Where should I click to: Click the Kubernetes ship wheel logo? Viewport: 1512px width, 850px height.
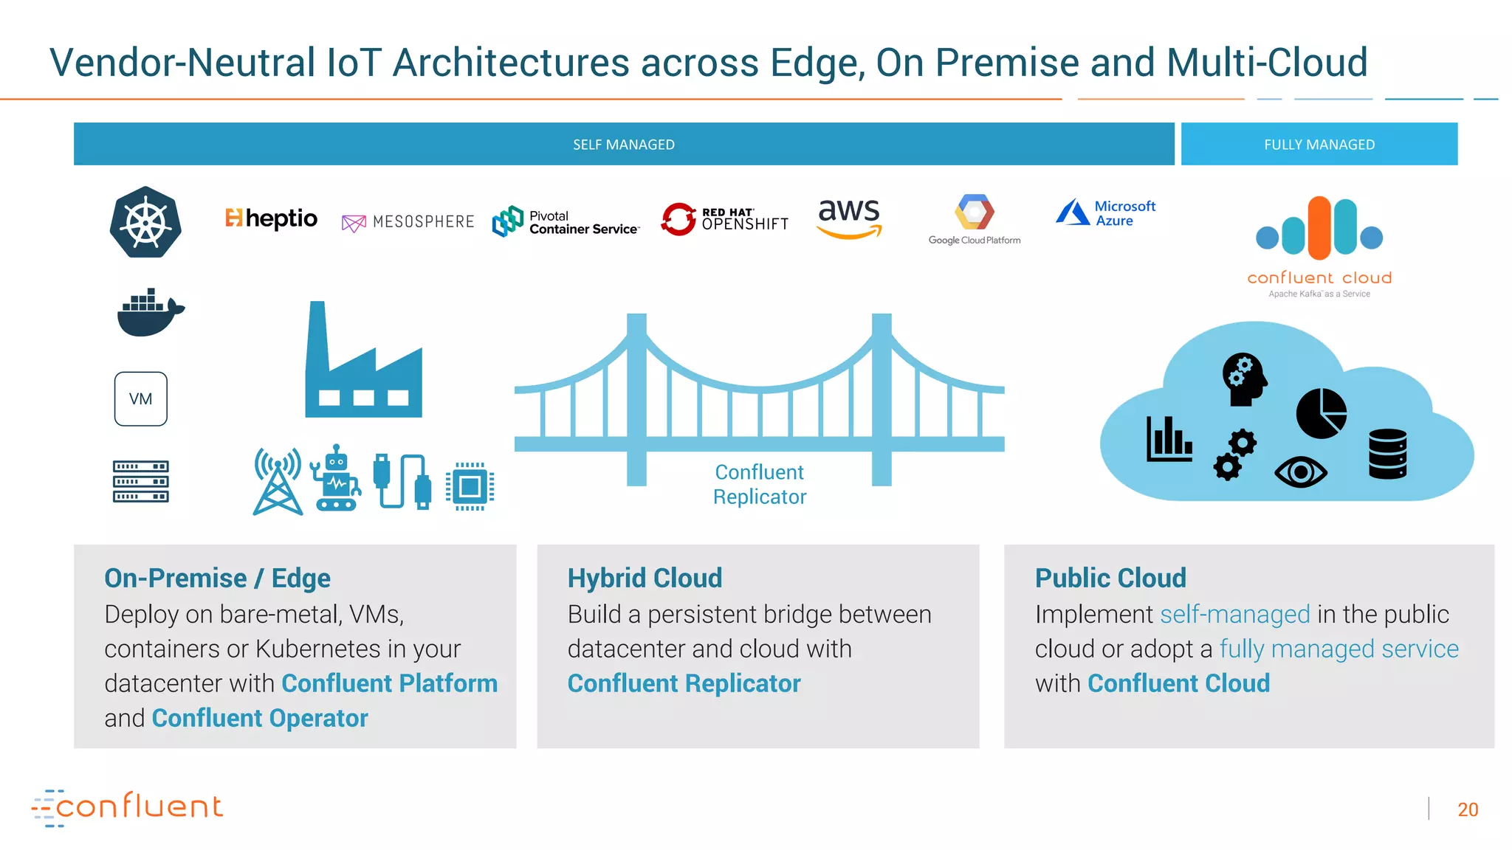(x=145, y=222)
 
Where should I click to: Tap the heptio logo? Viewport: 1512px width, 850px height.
(x=271, y=218)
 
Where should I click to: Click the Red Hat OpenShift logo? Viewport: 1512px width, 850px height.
(x=724, y=219)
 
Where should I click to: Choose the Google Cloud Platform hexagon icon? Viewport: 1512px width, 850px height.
(x=974, y=212)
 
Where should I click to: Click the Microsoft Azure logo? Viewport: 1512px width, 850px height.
(x=1105, y=213)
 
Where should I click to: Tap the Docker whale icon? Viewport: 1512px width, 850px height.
(x=150, y=312)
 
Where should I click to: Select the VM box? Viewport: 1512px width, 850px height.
(x=141, y=399)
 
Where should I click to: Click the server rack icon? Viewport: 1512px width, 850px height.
(x=141, y=481)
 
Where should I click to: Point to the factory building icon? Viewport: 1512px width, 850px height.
(x=363, y=365)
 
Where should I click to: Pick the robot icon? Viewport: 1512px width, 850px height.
(x=336, y=479)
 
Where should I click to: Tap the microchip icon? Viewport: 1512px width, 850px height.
(x=470, y=486)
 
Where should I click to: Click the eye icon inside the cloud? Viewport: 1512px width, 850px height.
(x=1300, y=472)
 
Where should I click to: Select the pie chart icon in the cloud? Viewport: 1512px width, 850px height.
(x=1321, y=414)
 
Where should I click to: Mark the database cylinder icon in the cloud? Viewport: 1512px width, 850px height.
(x=1387, y=454)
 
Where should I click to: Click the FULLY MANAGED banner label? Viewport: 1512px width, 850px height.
(x=1319, y=145)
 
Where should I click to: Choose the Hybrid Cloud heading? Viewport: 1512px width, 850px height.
(x=645, y=578)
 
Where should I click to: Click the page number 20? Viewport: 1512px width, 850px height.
(x=1468, y=809)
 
